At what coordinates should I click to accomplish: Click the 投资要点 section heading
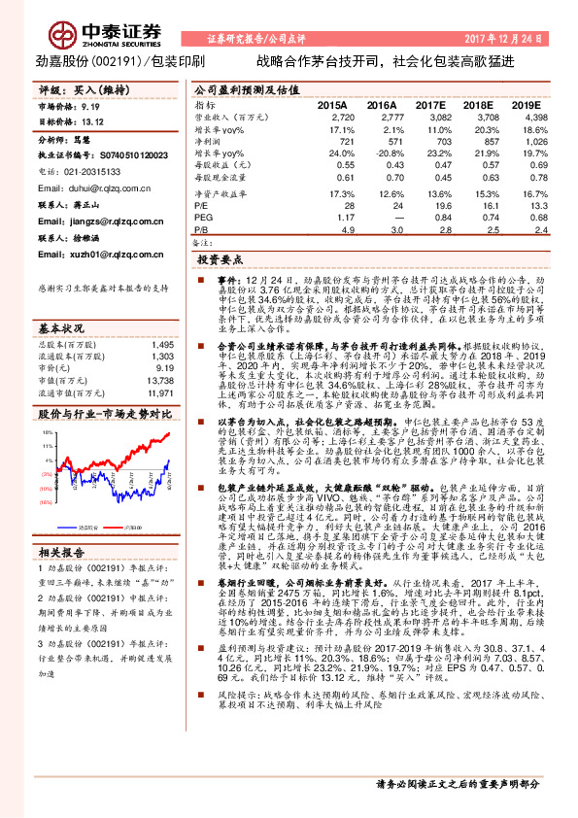[x=219, y=261]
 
